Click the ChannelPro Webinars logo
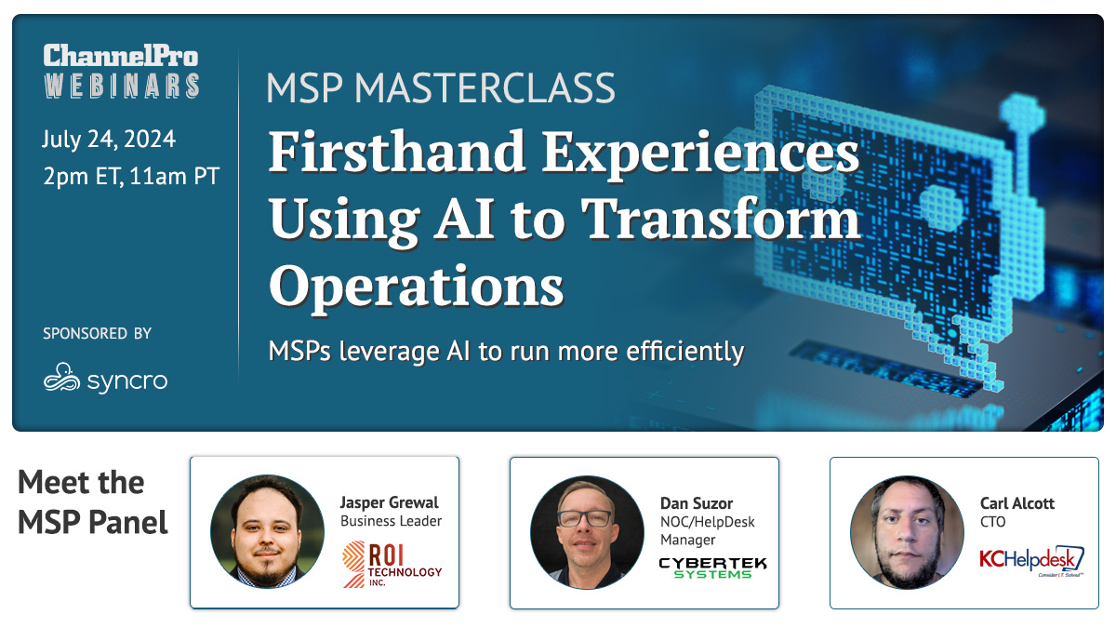pos(121,71)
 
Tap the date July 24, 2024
pos(109,139)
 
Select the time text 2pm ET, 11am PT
pos(131,177)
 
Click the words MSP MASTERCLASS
pos(441,88)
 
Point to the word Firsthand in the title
pos(397,151)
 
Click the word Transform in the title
pos(721,219)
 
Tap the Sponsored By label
pos(97,333)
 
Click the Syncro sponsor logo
pos(106,379)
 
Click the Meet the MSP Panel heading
pos(93,502)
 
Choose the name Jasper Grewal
pos(389,501)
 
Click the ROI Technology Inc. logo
pos(392,564)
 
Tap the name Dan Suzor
pos(697,503)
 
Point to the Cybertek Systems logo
pos(712,568)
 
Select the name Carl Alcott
pos(1017,503)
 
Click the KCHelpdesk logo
pos(1031,561)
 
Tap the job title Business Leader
pos(392,521)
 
